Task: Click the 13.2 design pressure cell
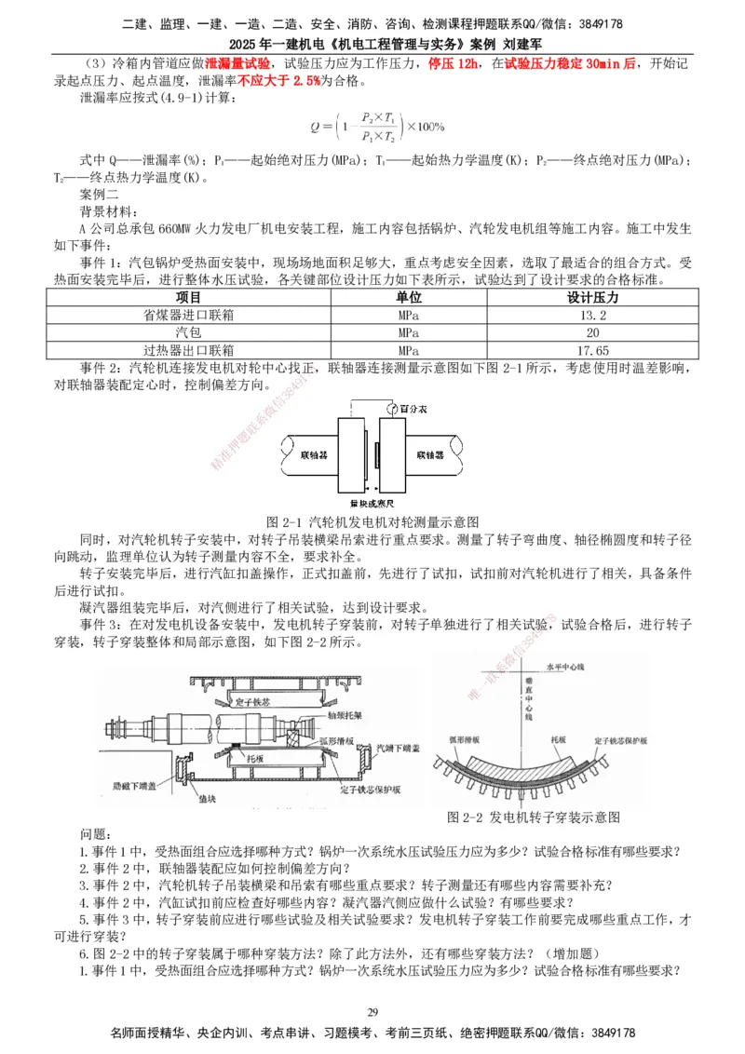[593, 316]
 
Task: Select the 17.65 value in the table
[593, 350]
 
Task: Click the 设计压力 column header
[593, 298]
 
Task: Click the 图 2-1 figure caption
[372, 520]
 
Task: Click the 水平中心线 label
[542, 668]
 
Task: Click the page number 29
[372, 1013]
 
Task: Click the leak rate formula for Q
[377, 126]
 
